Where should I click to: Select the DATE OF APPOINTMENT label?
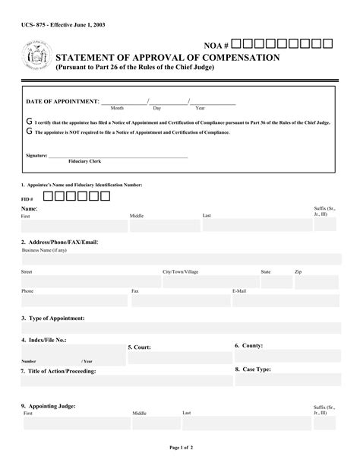(62, 101)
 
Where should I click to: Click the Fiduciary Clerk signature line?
(118, 157)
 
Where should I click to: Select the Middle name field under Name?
(163, 227)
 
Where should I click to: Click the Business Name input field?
(181, 259)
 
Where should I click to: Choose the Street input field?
(90, 281)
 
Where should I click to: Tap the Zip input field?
(317, 281)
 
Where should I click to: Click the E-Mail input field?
(286, 302)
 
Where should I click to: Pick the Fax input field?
(178, 302)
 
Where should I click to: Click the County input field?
(287, 357)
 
